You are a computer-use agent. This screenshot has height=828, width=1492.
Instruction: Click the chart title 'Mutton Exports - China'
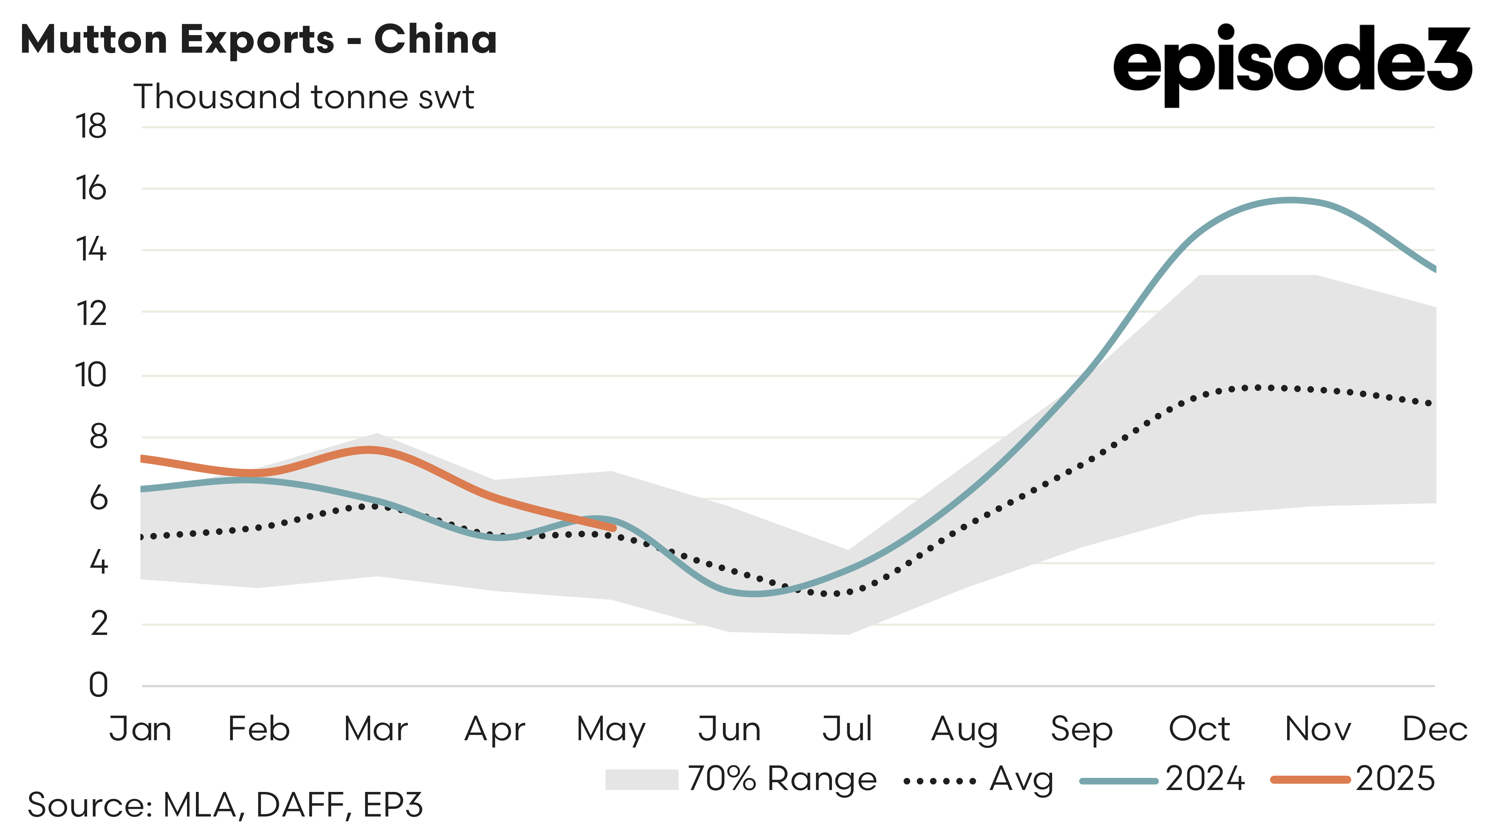pyautogui.click(x=258, y=39)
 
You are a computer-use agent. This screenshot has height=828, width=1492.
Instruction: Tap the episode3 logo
pyautogui.click(x=1292, y=64)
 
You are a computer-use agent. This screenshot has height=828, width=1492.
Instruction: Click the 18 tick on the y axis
pyautogui.click(x=91, y=126)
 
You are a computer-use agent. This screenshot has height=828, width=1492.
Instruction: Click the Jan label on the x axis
pyautogui.click(x=140, y=729)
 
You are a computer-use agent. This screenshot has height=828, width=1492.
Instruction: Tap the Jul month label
pyautogui.click(x=847, y=729)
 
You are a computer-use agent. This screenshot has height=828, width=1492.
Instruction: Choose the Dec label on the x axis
pyautogui.click(x=1434, y=729)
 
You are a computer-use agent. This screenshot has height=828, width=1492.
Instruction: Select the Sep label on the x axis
pyautogui.click(x=1081, y=729)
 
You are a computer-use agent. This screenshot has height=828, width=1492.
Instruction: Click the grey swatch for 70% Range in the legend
pyautogui.click(x=641, y=779)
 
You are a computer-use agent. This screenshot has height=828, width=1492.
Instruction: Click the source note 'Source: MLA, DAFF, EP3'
pyautogui.click(x=225, y=805)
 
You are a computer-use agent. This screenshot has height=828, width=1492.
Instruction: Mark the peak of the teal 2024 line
pyautogui.click(x=1290, y=200)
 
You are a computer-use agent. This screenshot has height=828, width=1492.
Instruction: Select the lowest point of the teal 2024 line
pyautogui.click(x=752, y=593)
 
